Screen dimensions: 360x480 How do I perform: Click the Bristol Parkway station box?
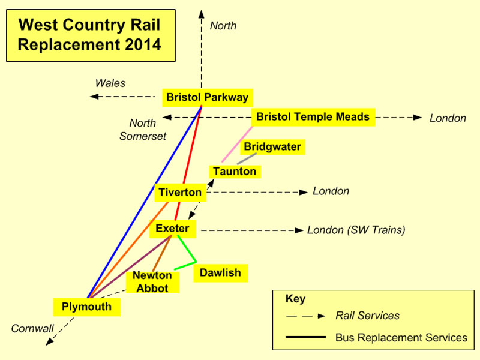click(x=207, y=97)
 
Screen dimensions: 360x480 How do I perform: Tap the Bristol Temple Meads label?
click(x=313, y=117)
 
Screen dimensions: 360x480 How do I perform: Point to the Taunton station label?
click(x=234, y=172)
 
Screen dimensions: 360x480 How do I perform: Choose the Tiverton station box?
click(x=179, y=193)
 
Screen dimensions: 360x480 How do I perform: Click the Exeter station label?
click(x=172, y=229)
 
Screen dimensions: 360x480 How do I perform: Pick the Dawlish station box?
click(x=220, y=273)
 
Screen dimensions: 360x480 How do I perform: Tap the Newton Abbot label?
click(x=152, y=281)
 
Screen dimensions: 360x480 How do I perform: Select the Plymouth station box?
click(x=86, y=307)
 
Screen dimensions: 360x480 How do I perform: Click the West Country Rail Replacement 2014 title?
click(x=91, y=35)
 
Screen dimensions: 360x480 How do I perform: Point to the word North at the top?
click(x=223, y=26)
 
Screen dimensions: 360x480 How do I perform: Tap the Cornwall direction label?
click(x=32, y=328)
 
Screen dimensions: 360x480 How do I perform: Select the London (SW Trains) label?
click(x=356, y=230)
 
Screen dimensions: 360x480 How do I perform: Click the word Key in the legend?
click(x=296, y=299)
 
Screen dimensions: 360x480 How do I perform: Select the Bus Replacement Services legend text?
click(x=401, y=338)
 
